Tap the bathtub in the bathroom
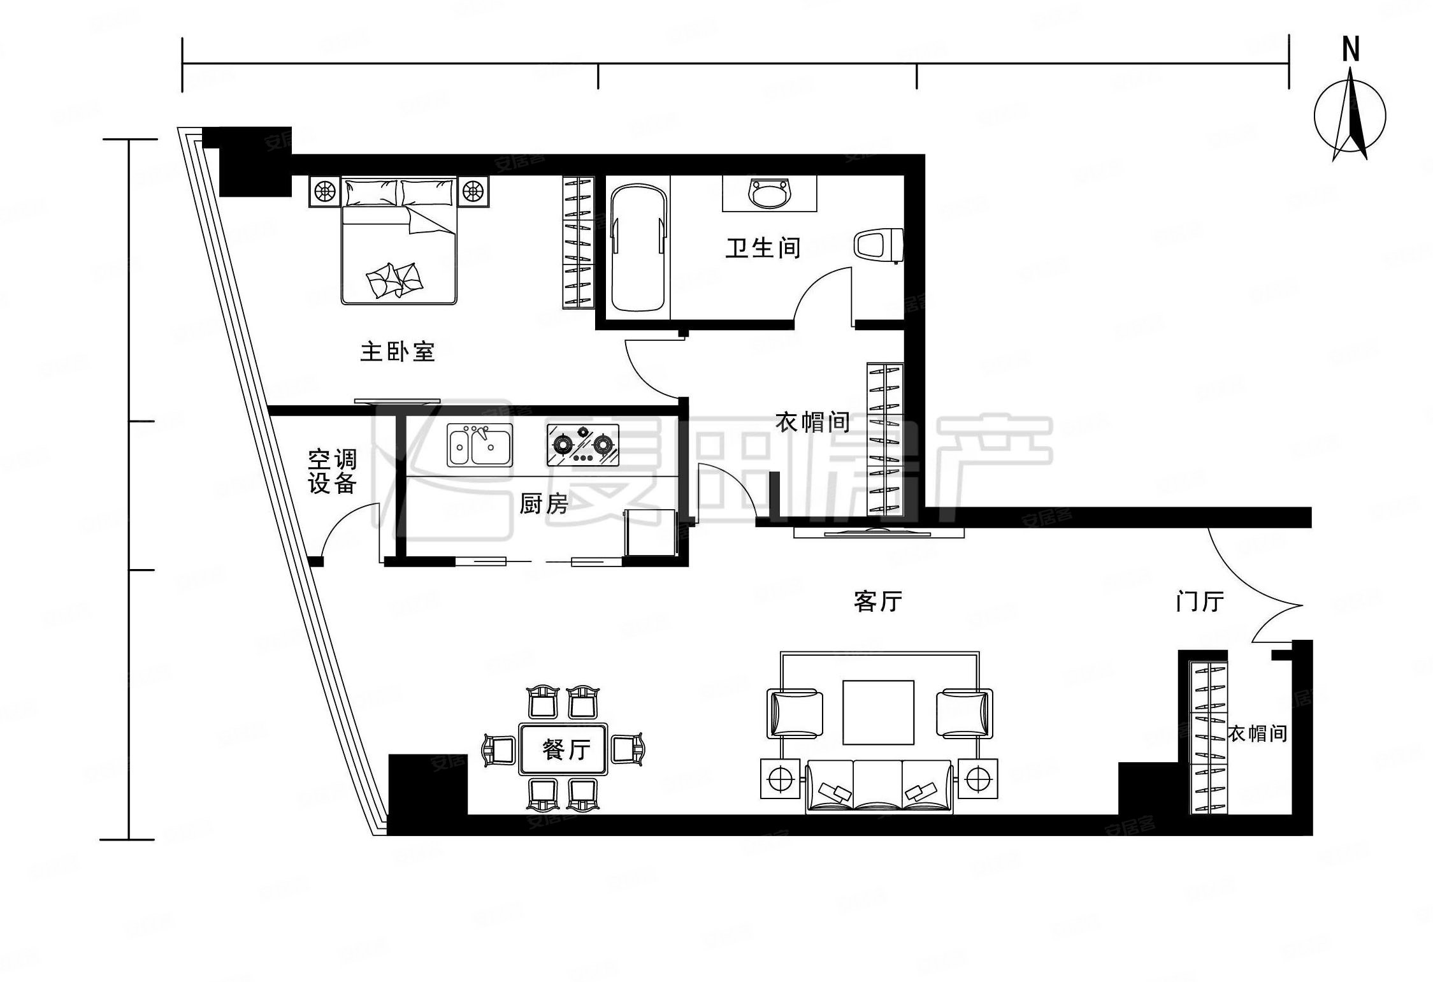point(638,248)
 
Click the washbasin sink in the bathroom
point(770,194)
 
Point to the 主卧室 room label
point(397,352)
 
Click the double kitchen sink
point(479,445)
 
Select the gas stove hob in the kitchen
point(582,445)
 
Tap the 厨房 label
point(543,505)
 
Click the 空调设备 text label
point(332,472)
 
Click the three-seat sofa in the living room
point(879,786)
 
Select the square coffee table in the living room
point(878,712)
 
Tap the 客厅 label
point(877,601)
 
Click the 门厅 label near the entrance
point(1199,602)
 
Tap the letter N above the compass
point(1350,49)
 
